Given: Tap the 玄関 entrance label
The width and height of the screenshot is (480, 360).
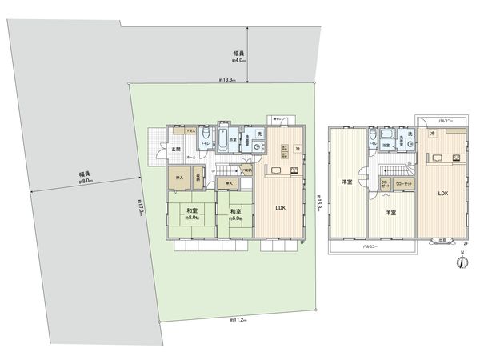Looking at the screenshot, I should click(x=176, y=149).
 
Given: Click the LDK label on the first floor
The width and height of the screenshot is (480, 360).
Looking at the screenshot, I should click(x=281, y=209).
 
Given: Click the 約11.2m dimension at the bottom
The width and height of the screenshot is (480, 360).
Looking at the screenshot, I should click(x=238, y=320).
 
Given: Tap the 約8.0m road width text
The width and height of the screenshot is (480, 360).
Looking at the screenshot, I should click(x=86, y=178).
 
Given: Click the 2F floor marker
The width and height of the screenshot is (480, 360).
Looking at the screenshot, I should click(x=466, y=241).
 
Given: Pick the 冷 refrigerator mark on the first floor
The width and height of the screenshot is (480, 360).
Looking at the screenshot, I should click(x=297, y=149).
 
